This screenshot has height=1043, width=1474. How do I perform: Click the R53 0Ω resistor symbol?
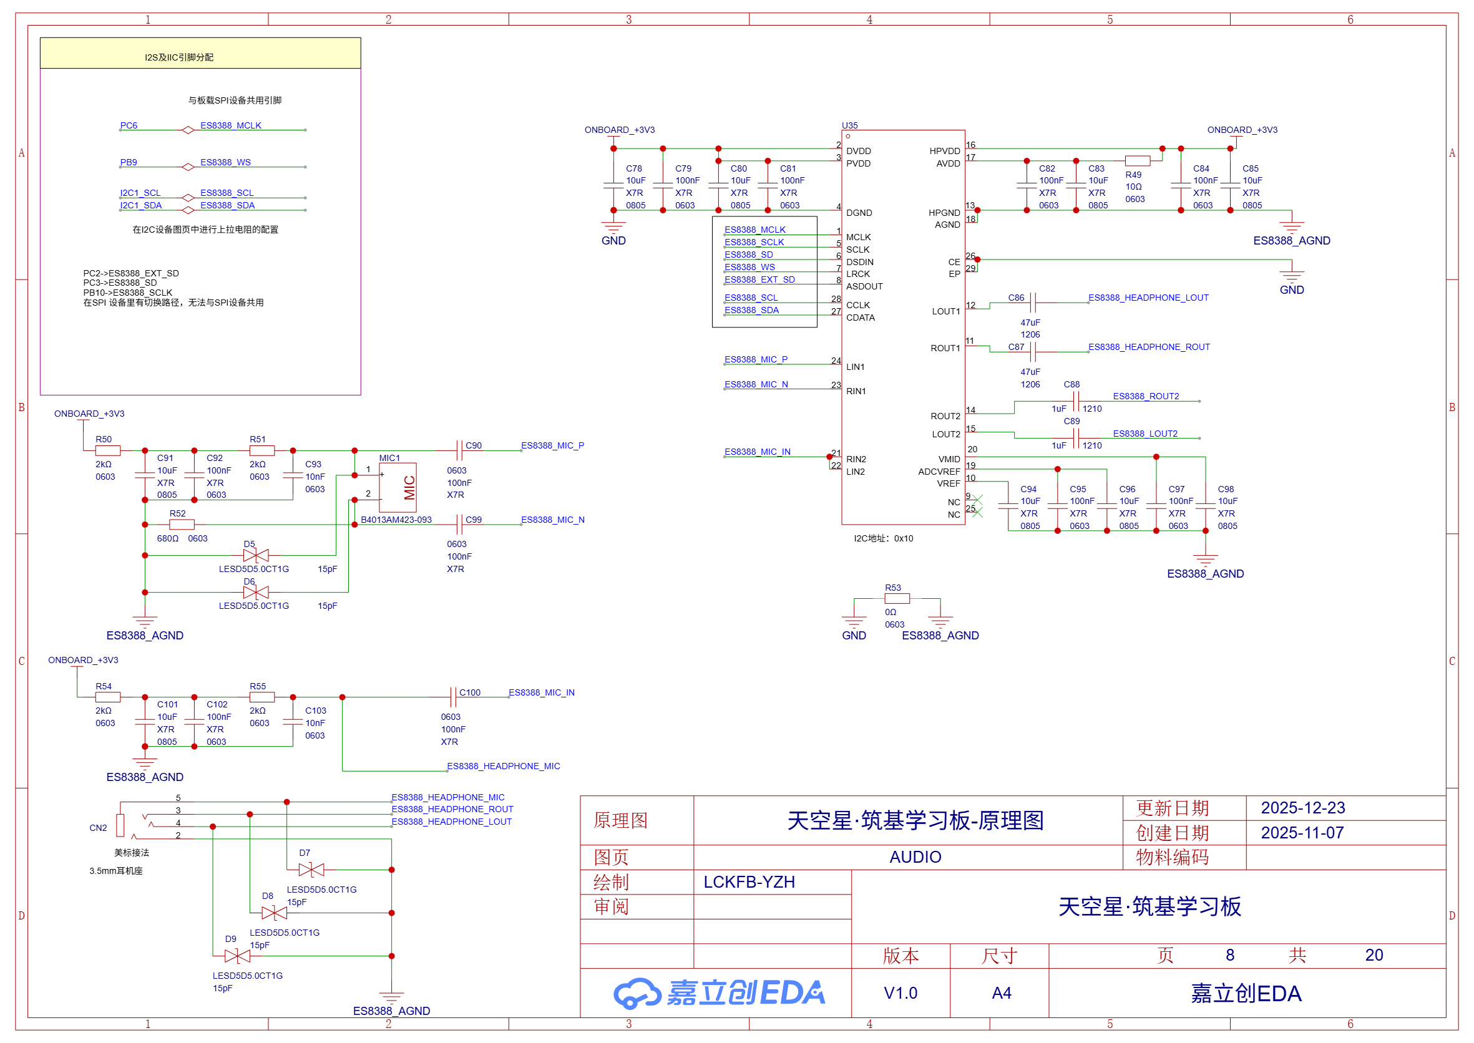pos(896,599)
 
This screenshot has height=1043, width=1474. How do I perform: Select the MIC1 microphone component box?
pos(397,487)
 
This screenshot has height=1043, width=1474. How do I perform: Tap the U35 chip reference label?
pos(849,125)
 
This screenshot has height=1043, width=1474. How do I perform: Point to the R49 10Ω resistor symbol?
pos(1136,160)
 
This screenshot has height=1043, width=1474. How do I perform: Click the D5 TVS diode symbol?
pos(256,556)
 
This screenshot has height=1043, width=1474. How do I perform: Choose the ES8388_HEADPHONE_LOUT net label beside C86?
pos(1148,298)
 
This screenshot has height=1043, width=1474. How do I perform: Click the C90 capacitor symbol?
pos(459,450)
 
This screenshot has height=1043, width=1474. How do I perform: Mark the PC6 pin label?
pos(129,125)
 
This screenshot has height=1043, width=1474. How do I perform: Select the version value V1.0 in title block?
pos(901,993)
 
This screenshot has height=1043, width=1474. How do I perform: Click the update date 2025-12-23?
pos(1302,808)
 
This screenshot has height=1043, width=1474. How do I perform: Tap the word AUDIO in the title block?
pos(915,856)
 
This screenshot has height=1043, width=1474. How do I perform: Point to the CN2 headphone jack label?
pos(98,828)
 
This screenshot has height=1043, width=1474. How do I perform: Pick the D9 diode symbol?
pos(237,956)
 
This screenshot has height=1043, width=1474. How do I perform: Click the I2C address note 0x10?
pos(883,538)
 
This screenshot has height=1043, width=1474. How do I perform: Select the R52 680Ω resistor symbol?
pos(182,525)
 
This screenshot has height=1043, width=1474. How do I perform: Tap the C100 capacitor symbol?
pos(453,697)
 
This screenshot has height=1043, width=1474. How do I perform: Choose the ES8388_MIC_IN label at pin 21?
pos(757,452)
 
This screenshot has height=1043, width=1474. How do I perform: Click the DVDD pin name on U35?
pos(858,151)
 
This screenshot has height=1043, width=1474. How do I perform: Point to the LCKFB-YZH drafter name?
pos(749,882)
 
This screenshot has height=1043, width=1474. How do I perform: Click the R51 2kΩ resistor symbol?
pos(261,451)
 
